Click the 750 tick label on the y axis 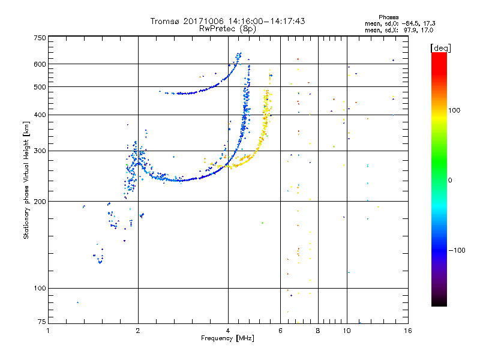tap(40, 38)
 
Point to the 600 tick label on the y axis tap(40, 64)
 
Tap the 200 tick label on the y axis tap(40, 202)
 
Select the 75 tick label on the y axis tap(42, 322)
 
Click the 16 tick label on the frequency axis tap(408, 331)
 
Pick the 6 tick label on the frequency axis tap(280, 331)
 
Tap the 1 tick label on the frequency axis tap(48, 331)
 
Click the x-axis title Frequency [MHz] tap(227, 338)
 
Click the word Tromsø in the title tap(165, 21)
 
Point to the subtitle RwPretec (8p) tap(227, 29)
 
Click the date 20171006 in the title tap(203, 21)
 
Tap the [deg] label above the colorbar tap(440, 48)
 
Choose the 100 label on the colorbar tap(454, 110)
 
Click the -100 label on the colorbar tap(457, 250)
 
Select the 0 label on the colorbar tap(450, 181)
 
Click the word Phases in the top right tap(388, 17)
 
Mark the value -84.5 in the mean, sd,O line tap(410, 23)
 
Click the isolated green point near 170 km tap(262, 223)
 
